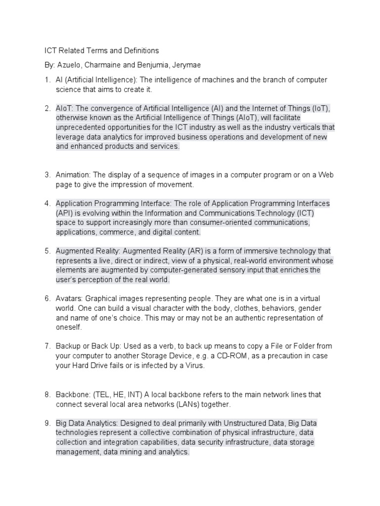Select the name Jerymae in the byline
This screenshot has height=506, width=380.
coord(188,65)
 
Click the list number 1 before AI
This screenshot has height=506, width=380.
coord(47,80)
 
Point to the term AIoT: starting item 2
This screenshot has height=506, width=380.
coord(65,108)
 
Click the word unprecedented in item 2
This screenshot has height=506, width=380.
coord(80,127)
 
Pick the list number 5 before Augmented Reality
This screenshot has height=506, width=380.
coord(47,251)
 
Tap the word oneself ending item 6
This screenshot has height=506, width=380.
coord(68,327)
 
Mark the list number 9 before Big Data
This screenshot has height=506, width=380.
coord(47,423)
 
